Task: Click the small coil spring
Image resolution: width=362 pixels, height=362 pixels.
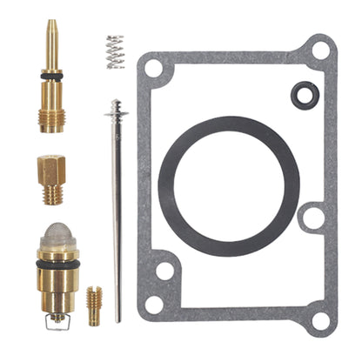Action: pos(115,51)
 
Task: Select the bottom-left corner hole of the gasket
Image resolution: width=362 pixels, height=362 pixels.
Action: pos(154,304)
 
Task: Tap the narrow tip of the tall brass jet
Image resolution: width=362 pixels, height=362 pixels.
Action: pos(50,30)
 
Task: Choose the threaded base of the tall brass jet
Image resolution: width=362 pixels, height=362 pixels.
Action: pos(51,117)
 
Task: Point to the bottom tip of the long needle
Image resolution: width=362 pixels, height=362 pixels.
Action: pos(117,317)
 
